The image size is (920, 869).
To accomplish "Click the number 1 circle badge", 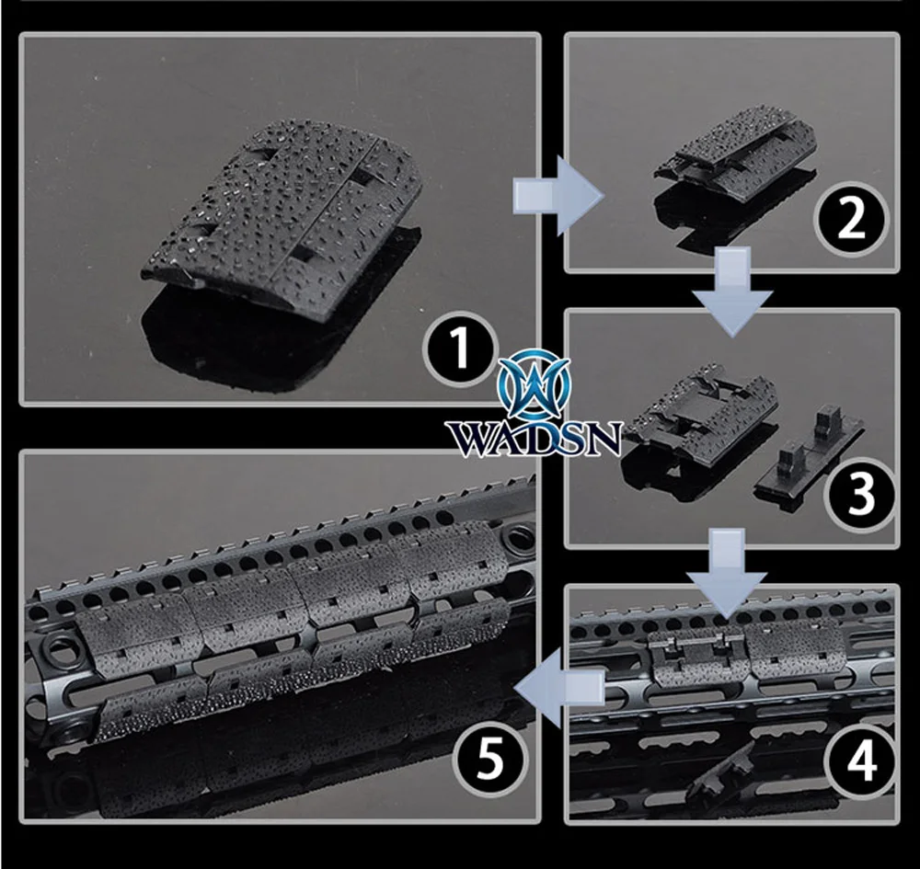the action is [x=460, y=349].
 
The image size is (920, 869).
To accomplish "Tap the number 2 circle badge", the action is [x=851, y=219].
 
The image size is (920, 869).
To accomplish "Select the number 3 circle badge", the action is [x=861, y=494].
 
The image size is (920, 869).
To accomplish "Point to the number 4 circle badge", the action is [x=861, y=761].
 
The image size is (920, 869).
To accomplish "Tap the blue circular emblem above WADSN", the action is [x=534, y=384].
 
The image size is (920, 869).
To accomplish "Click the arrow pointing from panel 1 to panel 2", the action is [x=558, y=196].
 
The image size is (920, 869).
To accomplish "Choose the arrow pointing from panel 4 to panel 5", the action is [x=559, y=689].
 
